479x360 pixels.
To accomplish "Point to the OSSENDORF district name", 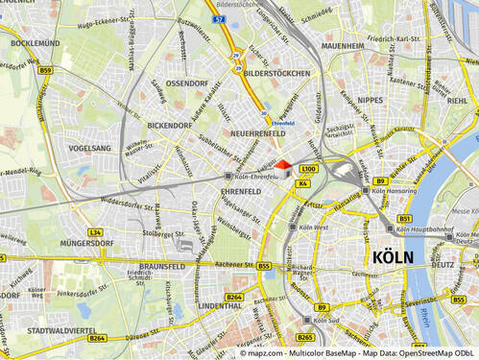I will pos(186,84).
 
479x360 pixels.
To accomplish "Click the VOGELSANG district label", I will pos(90,149).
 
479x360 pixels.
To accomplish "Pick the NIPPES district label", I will pos(370,100).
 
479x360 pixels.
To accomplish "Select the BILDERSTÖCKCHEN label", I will pos(276,73).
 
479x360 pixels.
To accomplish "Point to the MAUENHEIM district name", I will pos(343,45).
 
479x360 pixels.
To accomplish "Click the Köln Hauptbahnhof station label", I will pos(426,229).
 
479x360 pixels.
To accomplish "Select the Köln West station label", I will pos(313,228).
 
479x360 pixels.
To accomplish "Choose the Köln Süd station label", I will pos(329,320).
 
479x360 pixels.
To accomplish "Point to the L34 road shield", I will pos(94,232).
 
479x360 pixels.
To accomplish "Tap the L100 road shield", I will pos(308,168).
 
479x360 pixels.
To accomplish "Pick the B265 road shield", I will pos(305,337).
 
